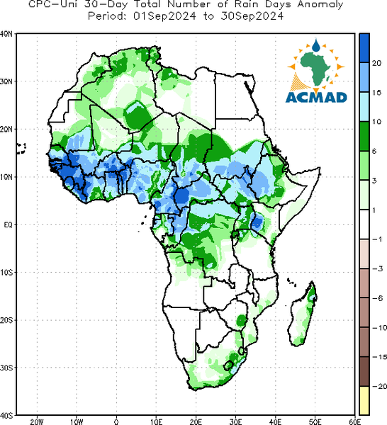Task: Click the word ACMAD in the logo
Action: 316,97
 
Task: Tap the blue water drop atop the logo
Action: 316,45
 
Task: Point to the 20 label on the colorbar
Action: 376,63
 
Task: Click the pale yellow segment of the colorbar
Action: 364,400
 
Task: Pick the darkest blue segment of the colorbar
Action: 364,48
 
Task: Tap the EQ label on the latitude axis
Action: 8,225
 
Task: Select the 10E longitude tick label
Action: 156,421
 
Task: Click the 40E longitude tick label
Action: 275,421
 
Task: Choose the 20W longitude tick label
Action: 37,421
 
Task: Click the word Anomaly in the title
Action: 320,5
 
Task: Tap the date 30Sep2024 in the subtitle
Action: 252,16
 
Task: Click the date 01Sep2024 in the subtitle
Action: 164,16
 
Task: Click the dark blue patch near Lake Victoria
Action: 257,222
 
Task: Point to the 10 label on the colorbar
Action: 376,122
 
